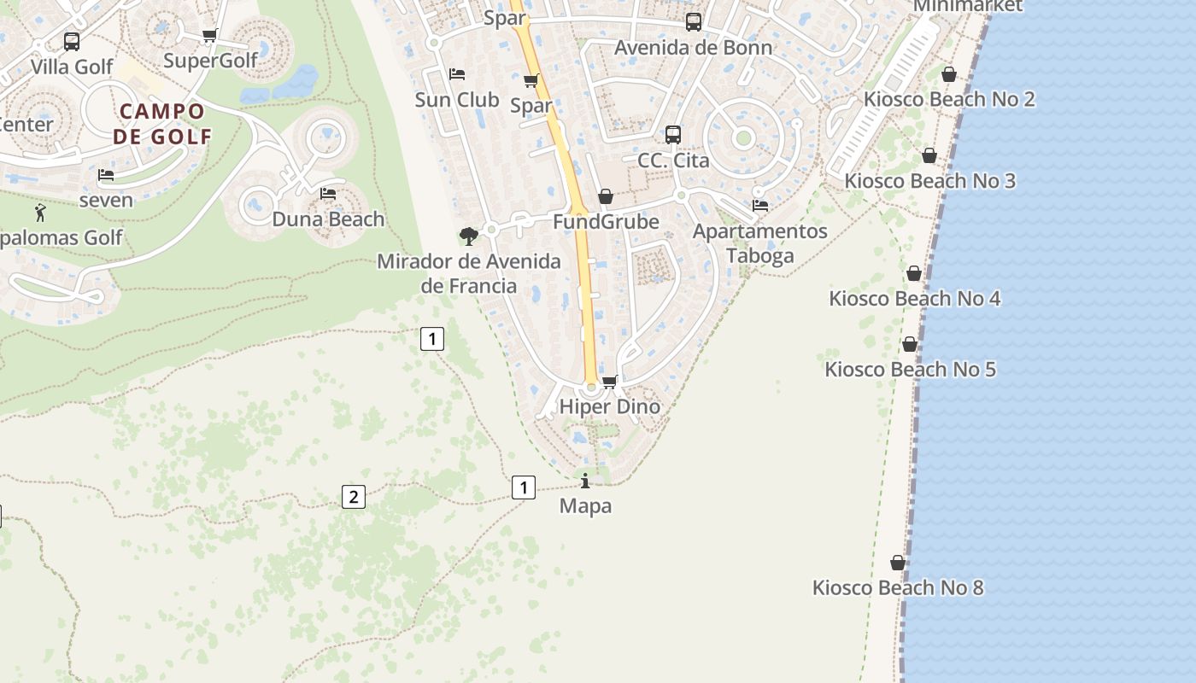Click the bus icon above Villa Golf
point(72,41)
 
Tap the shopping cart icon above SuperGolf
point(209,36)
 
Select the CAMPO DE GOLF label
point(162,123)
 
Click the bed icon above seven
point(106,175)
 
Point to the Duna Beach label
point(328,219)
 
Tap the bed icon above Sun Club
point(457,74)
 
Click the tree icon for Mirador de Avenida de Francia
point(468,236)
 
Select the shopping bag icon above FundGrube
point(606,196)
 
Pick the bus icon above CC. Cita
point(673,134)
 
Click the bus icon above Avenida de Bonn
point(694,22)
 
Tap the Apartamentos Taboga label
point(759,243)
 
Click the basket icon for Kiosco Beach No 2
point(948,74)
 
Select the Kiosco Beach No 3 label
point(929,181)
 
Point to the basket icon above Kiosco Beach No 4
point(914,273)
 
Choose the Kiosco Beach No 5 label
point(910,370)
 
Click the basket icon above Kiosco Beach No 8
point(898,563)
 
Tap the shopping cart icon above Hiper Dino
point(609,382)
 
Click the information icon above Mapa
point(585,481)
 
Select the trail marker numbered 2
point(354,497)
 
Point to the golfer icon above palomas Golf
point(40,213)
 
